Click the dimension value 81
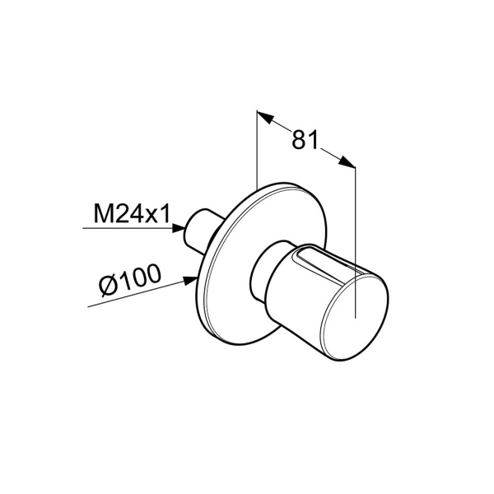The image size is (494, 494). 305,140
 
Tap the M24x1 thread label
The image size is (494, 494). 132,213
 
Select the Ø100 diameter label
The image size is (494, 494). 129,281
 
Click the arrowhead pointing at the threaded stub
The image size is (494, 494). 179,228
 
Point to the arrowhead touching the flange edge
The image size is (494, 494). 191,281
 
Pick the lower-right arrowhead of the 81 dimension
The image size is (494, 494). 347,161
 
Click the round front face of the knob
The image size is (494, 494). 355,317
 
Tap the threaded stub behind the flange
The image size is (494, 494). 198,231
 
